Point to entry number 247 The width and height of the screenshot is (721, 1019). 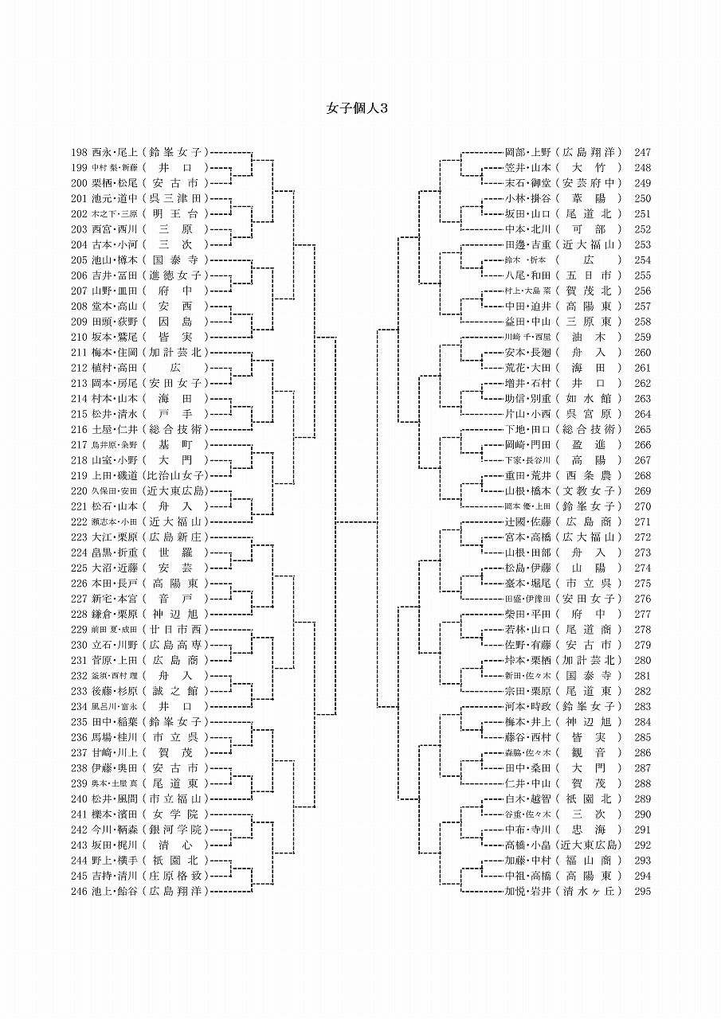pos(643,152)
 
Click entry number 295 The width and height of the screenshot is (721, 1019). pos(643,892)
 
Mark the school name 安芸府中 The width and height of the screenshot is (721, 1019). pos(590,183)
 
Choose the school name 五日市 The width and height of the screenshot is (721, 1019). pos(590,275)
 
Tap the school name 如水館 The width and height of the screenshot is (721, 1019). pos(590,399)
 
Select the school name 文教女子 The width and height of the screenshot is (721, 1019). pos(590,491)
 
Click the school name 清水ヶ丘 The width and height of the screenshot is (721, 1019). pos(590,892)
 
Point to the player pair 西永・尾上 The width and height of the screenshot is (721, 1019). pos(116,152)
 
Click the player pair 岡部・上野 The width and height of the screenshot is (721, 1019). pos(527,152)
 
